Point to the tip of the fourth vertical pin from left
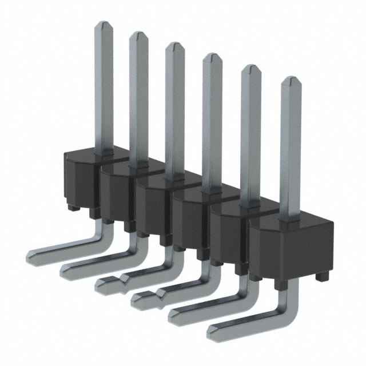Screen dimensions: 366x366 pos(212,57)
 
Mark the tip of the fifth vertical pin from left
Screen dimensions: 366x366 pos(250,68)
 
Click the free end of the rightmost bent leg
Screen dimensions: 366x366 pos(213,332)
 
